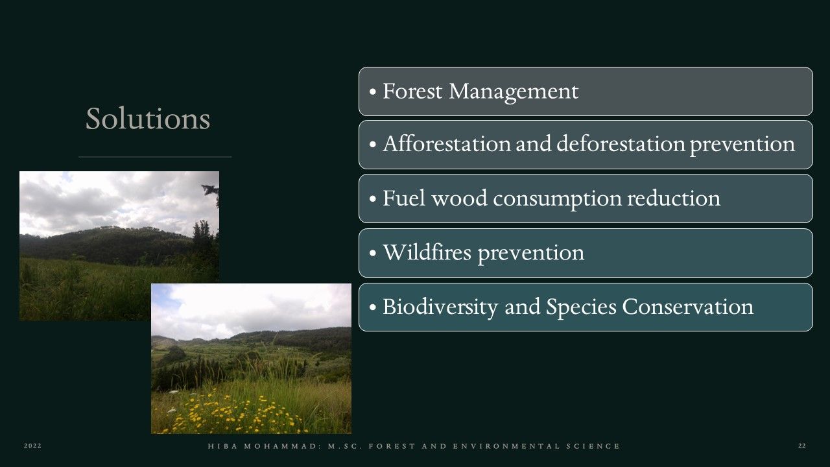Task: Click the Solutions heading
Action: (x=148, y=119)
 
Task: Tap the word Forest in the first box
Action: (x=412, y=91)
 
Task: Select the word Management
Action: (x=514, y=92)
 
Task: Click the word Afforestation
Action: (x=447, y=143)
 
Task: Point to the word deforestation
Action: (x=621, y=143)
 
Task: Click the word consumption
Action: (x=557, y=199)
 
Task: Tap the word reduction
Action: (x=674, y=198)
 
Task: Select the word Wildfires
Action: (x=427, y=252)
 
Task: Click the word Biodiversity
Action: (x=440, y=307)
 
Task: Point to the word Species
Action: (x=581, y=307)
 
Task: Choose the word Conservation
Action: (x=688, y=307)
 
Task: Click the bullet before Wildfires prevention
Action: (x=373, y=253)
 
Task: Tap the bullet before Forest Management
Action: (x=373, y=91)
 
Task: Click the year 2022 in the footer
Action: (x=32, y=446)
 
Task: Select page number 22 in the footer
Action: (x=802, y=446)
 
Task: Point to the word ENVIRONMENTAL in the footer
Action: (x=506, y=446)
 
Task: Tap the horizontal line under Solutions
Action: (x=155, y=157)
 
